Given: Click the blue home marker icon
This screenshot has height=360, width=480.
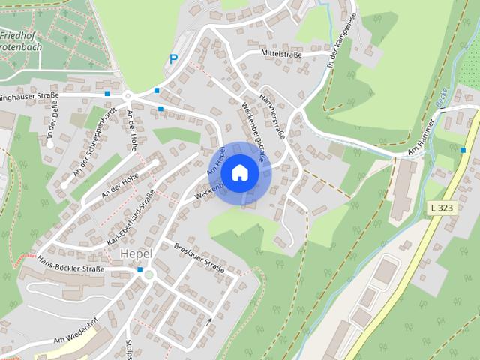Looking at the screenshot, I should (x=239, y=172).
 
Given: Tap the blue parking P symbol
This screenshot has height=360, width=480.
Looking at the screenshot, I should (x=173, y=58).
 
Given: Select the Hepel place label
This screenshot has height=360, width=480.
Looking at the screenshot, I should (x=136, y=253).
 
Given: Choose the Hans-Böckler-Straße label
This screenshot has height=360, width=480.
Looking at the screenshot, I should (x=70, y=264).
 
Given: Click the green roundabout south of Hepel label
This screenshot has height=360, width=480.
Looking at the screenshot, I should (x=148, y=274).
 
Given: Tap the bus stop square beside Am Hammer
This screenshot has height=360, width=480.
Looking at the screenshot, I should (x=463, y=151).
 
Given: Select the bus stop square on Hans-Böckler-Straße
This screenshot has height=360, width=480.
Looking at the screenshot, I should (x=139, y=269).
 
